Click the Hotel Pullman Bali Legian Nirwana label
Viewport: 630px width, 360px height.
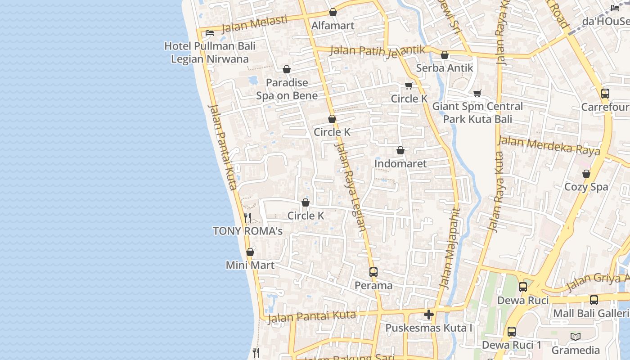[210, 52]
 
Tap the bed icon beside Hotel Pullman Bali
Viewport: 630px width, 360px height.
[209, 32]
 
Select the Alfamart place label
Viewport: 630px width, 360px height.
[333, 26]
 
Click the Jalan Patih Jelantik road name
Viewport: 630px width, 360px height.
[378, 50]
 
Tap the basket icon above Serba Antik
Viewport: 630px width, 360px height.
[445, 55]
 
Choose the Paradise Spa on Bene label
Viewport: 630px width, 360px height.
[287, 89]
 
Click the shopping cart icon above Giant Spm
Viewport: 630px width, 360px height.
[477, 93]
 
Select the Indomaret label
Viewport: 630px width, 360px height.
[400, 163]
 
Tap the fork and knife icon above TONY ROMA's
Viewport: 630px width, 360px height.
[247, 218]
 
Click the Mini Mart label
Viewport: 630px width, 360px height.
[250, 265]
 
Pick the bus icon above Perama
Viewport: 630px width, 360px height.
[373, 272]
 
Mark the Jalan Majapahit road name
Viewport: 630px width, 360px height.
[450, 247]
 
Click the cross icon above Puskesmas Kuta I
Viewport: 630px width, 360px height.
[428, 314]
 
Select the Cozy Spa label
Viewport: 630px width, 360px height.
[586, 187]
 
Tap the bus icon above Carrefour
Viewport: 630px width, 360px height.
[605, 94]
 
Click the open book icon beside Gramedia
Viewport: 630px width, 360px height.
[575, 337]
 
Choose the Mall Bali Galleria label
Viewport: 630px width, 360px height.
[591, 313]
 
